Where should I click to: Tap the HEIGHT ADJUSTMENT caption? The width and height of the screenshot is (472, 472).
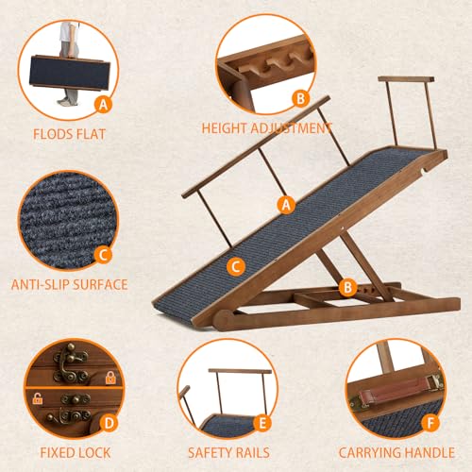pos(266,128)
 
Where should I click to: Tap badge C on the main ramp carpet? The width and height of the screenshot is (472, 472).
pos(237,266)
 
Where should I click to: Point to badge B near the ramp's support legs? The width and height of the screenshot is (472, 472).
pos(346,285)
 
